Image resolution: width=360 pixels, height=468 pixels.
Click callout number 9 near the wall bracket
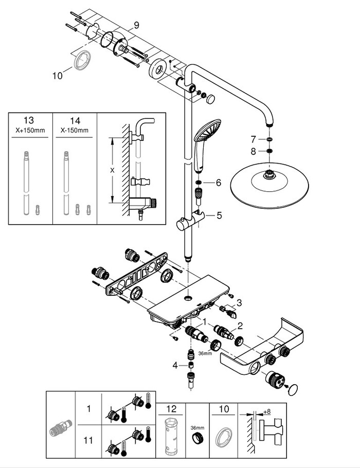pyautogui.click(x=136, y=25)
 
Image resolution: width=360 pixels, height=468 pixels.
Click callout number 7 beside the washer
pyautogui.click(x=253, y=139)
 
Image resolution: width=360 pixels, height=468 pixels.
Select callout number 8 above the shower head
pyautogui.click(x=253, y=152)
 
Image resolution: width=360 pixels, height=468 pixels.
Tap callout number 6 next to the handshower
pyautogui.click(x=219, y=183)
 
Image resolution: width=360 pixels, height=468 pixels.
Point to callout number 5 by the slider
pyautogui.click(x=220, y=215)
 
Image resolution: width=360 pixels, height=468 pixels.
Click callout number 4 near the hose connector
pyautogui.click(x=175, y=365)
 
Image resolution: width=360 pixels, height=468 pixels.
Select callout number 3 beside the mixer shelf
pyautogui.click(x=239, y=302)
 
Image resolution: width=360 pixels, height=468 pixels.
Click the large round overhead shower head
pyautogui.click(x=269, y=186)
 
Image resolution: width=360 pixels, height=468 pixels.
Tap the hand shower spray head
pyautogui.click(x=207, y=131)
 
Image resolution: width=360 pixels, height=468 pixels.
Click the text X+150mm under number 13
pyautogui.click(x=30, y=130)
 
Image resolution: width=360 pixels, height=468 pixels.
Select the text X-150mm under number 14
pyautogui.click(x=75, y=130)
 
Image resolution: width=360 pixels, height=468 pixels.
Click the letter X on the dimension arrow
pyautogui.click(x=112, y=170)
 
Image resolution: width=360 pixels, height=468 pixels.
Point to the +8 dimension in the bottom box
pyautogui.click(x=267, y=411)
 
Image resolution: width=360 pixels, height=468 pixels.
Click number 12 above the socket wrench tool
pyautogui.click(x=171, y=409)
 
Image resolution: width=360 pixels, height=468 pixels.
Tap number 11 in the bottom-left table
pyautogui.click(x=88, y=440)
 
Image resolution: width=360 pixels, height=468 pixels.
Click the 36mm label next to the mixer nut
pyautogui.click(x=205, y=353)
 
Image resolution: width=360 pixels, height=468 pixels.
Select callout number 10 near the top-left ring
pyautogui.click(x=57, y=76)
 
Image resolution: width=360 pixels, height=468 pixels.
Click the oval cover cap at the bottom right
pyautogui.click(x=293, y=390)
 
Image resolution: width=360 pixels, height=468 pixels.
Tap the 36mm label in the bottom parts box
pyautogui.click(x=197, y=428)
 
